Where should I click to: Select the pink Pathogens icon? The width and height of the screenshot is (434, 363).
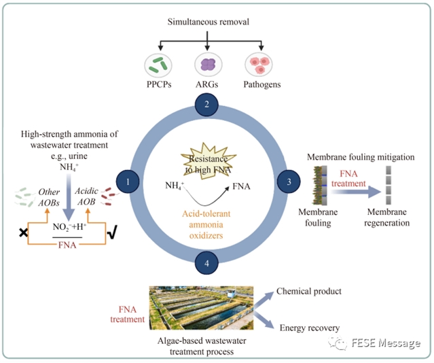258,65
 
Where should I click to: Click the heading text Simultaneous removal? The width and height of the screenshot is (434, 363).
208,22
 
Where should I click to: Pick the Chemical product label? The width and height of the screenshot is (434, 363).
308,292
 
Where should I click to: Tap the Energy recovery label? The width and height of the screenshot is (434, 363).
309,328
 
